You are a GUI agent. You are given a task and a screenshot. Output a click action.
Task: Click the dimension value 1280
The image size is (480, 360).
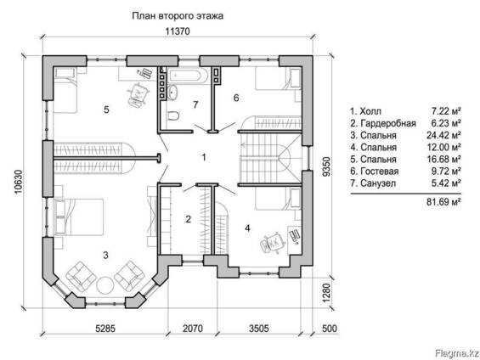(325, 294)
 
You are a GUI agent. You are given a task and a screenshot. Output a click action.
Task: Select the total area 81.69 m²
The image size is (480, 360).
(443, 202)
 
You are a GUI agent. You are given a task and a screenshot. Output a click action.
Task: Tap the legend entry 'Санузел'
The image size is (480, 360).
(379, 183)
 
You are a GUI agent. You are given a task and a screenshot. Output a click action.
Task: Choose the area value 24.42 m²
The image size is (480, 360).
(445, 135)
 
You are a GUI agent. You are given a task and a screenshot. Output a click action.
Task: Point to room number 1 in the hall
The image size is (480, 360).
(203, 157)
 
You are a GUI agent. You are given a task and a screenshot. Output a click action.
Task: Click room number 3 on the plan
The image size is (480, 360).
(105, 253)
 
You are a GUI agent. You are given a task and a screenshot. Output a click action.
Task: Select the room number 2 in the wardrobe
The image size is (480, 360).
(188, 220)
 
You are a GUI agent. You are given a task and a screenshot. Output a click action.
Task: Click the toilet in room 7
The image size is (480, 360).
(172, 115)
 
